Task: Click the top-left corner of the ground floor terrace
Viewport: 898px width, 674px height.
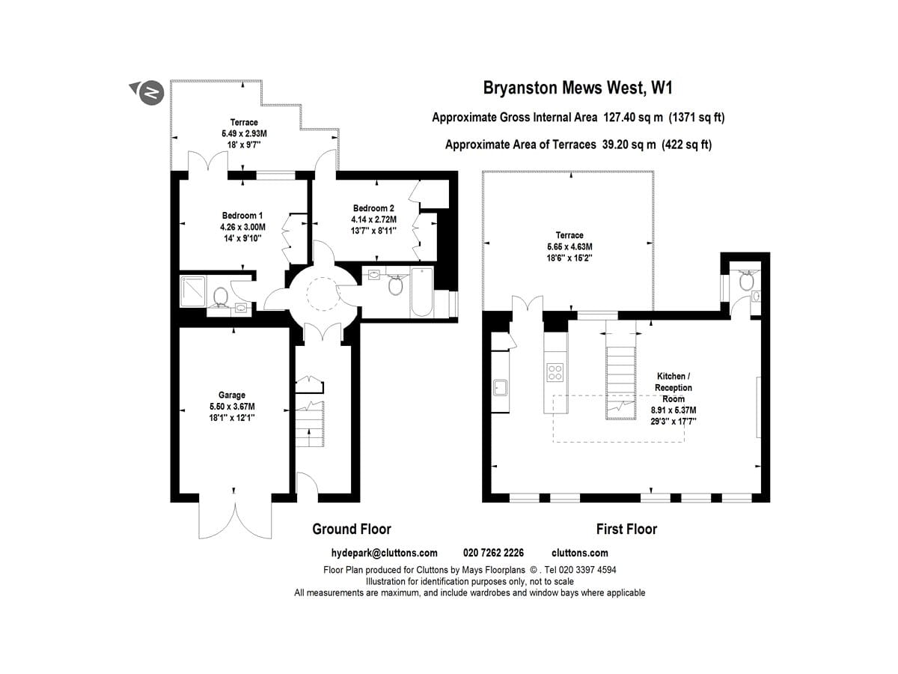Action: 171,80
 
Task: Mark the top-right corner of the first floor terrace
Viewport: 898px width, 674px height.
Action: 653,171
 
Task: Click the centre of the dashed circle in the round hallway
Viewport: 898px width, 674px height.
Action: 323,294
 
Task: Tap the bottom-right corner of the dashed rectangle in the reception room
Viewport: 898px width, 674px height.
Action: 684,442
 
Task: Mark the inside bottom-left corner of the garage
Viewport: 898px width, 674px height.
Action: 180,494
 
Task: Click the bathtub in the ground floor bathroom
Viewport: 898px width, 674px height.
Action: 422,292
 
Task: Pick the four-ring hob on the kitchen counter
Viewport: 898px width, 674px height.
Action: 555,372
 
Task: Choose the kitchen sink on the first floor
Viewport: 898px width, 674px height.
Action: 501,387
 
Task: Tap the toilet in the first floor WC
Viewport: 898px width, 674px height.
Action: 747,281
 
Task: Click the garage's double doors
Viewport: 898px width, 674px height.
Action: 235,520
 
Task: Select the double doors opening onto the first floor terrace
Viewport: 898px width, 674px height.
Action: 528,306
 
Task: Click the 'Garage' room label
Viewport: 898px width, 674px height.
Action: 232,395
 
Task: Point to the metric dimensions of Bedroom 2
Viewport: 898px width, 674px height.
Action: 373,219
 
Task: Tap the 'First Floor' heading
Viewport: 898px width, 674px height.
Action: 626,529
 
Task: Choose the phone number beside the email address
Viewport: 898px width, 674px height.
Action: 493,553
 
